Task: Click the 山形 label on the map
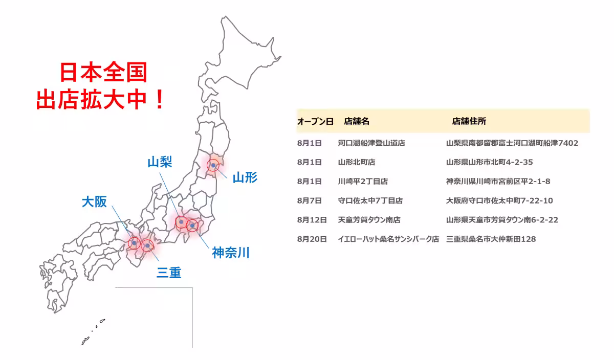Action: (x=245, y=177)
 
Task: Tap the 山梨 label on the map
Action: (x=160, y=162)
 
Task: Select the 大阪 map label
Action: (x=94, y=201)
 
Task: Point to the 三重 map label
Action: (x=169, y=273)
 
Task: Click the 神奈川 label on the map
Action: (x=231, y=252)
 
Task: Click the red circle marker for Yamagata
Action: (x=213, y=165)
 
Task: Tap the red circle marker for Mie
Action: (x=147, y=245)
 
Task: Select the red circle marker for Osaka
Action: (x=134, y=243)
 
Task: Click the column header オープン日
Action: (x=315, y=121)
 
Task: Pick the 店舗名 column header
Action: (x=357, y=121)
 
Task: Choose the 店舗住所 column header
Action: (x=469, y=121)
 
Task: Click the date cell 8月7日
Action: (x=309, y=200)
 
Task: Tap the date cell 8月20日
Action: (x=312, y=239)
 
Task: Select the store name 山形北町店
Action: (x=357, y=162)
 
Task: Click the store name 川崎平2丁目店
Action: (x=363, y=181)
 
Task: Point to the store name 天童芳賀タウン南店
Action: (x=369, y=220)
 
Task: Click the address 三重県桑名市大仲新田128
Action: (x=491, y=239)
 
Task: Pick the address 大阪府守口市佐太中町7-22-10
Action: (x=499, y=200)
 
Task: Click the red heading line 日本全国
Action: (x=103, y=72)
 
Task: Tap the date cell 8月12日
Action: (x=312, y=220)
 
